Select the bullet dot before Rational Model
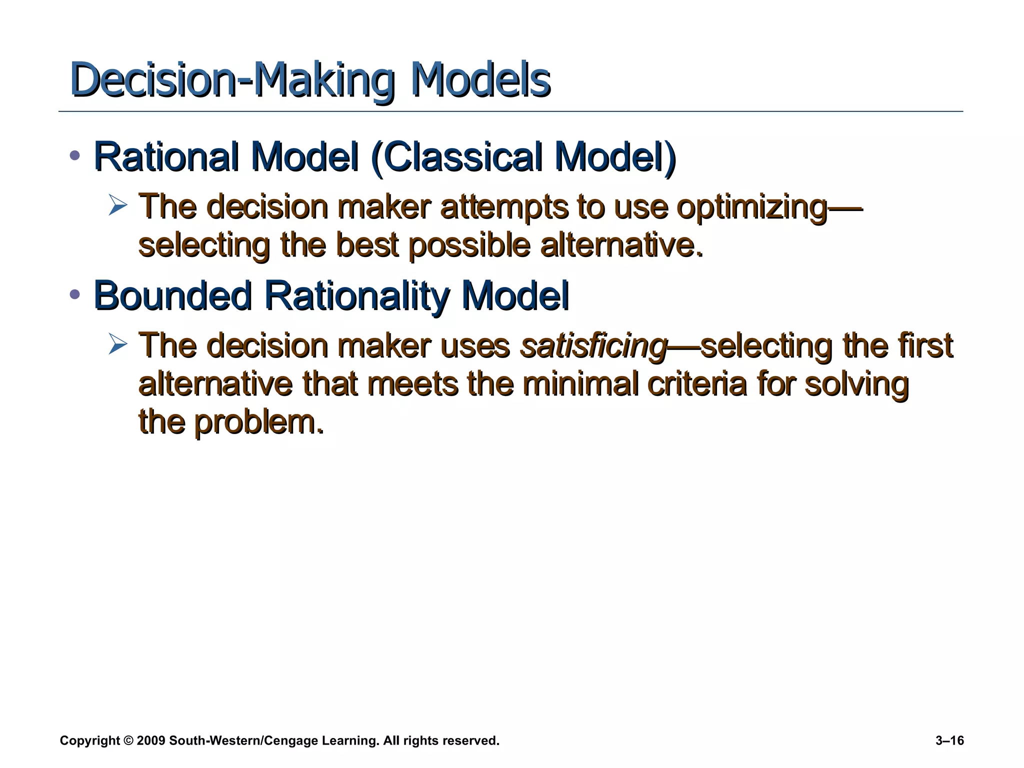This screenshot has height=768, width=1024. [75, 155]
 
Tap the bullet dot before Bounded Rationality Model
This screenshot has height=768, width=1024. [75, 294]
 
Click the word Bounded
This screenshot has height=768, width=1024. [172, 295]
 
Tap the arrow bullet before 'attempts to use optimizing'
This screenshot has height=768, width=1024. [118, 205]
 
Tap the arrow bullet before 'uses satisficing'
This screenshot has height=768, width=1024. [118, 344]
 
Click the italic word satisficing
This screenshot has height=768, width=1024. [593, 346]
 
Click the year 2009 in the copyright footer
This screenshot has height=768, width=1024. [150, 740]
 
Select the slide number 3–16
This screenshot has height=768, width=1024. [949, 740]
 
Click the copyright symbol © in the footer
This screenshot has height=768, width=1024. [129, 740]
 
